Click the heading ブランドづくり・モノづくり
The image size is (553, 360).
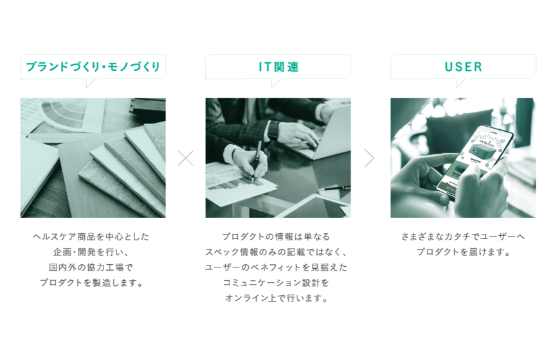tap(93, 66)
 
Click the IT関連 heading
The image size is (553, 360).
tap(278, 67)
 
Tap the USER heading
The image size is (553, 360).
tap(463, 67)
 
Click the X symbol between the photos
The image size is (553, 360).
tap(185, 158)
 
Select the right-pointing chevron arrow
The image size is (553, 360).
tap(369, 158)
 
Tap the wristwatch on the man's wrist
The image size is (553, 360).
tap(273, 130)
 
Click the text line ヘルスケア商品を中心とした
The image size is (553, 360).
tap(91, 237)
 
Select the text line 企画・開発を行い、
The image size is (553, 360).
tap(91, 252)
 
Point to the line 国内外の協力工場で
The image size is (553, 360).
tap(91, 267)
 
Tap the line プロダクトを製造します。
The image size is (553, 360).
tap(91, 283)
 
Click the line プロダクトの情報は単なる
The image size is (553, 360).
tap(276, 237)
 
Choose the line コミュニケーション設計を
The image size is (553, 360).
tap(276, 283)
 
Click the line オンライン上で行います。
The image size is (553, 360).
tap(276, 298)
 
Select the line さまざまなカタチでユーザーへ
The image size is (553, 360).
tap(463, 237)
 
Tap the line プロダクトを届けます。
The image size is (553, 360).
tap(463, 252)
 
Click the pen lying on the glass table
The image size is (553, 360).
tap(334, 188)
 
